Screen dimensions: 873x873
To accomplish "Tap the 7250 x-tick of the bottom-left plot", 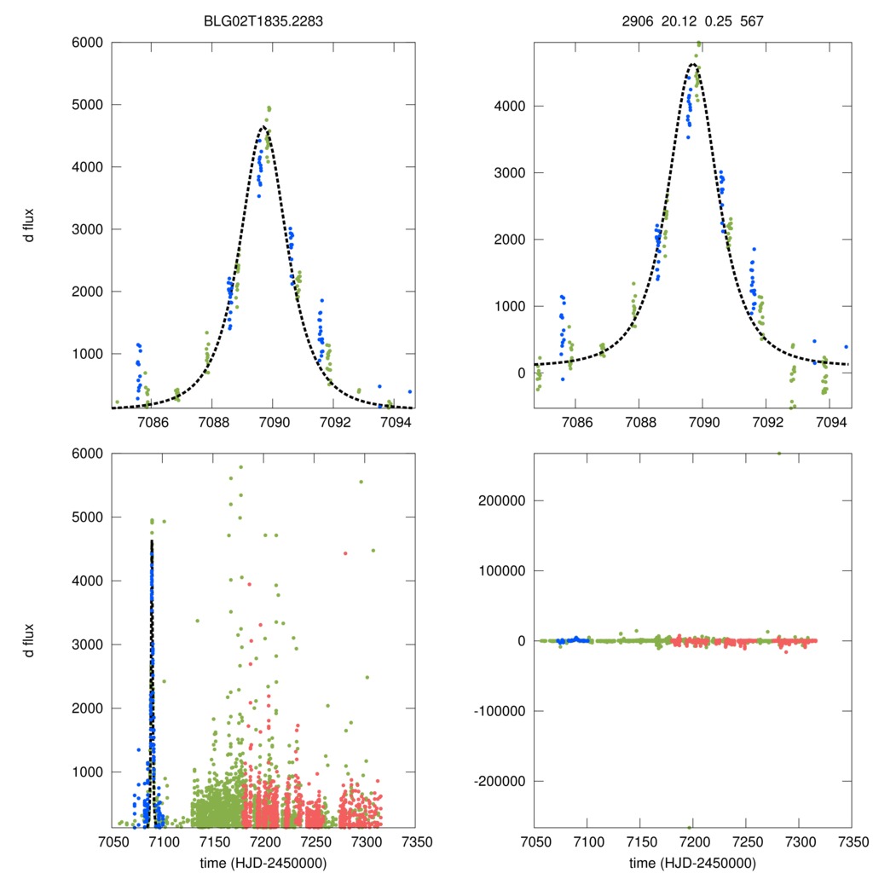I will click(x=314, y=841).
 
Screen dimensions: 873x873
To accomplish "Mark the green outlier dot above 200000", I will click(x=778, y=454).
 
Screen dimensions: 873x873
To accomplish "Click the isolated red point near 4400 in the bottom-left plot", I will click(x=345, y=553).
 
